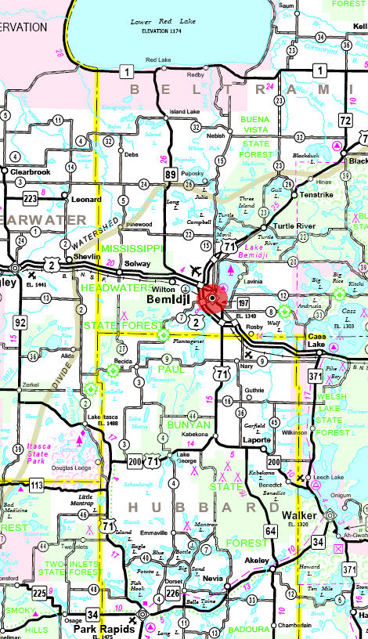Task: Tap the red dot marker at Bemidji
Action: [x=211, y=298]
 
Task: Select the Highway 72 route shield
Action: [x=345, y=120]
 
